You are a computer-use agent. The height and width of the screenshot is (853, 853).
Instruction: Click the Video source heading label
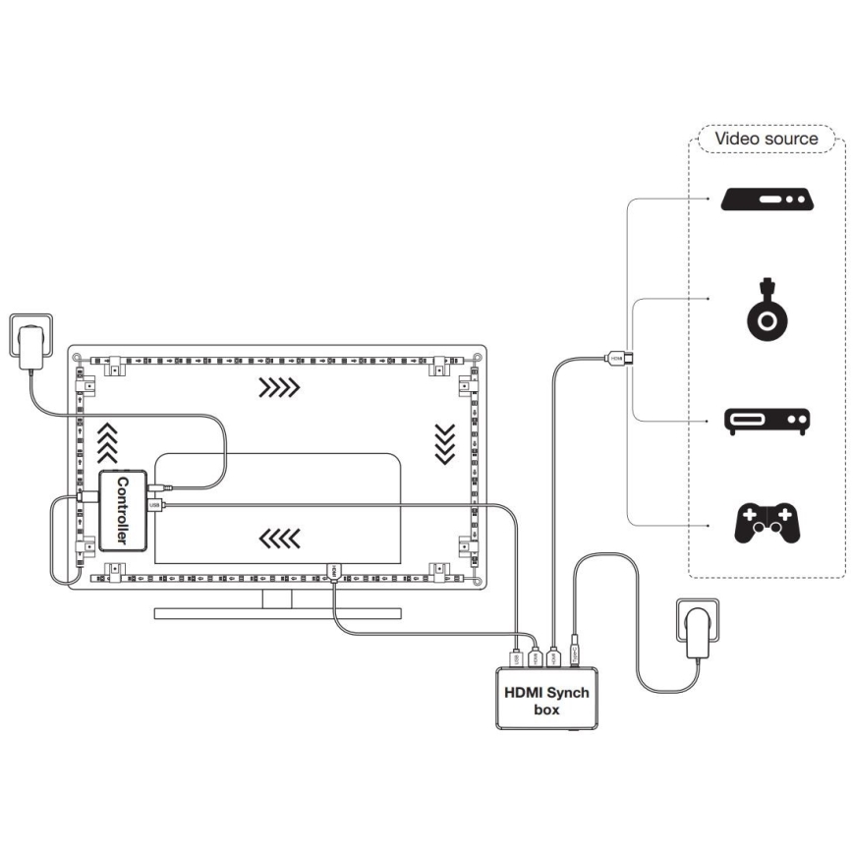[766, 139]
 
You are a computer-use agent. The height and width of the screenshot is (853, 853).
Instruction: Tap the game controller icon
[768, 524]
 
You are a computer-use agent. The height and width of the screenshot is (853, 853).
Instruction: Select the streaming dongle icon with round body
[766, 311]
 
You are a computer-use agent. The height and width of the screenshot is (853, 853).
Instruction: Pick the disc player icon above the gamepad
[768, 421]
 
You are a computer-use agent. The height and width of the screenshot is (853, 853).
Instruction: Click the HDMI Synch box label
[546, 700]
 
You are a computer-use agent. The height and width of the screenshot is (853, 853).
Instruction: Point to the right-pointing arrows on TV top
[278, 389]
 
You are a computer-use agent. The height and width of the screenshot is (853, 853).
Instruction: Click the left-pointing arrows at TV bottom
[279, 537]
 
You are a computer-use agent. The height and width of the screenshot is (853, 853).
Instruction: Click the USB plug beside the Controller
[155, 505]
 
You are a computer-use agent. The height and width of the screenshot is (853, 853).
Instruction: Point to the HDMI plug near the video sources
[617, 359]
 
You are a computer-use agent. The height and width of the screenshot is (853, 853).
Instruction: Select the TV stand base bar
[278, 613]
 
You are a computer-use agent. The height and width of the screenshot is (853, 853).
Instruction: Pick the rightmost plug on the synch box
[573, 653]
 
